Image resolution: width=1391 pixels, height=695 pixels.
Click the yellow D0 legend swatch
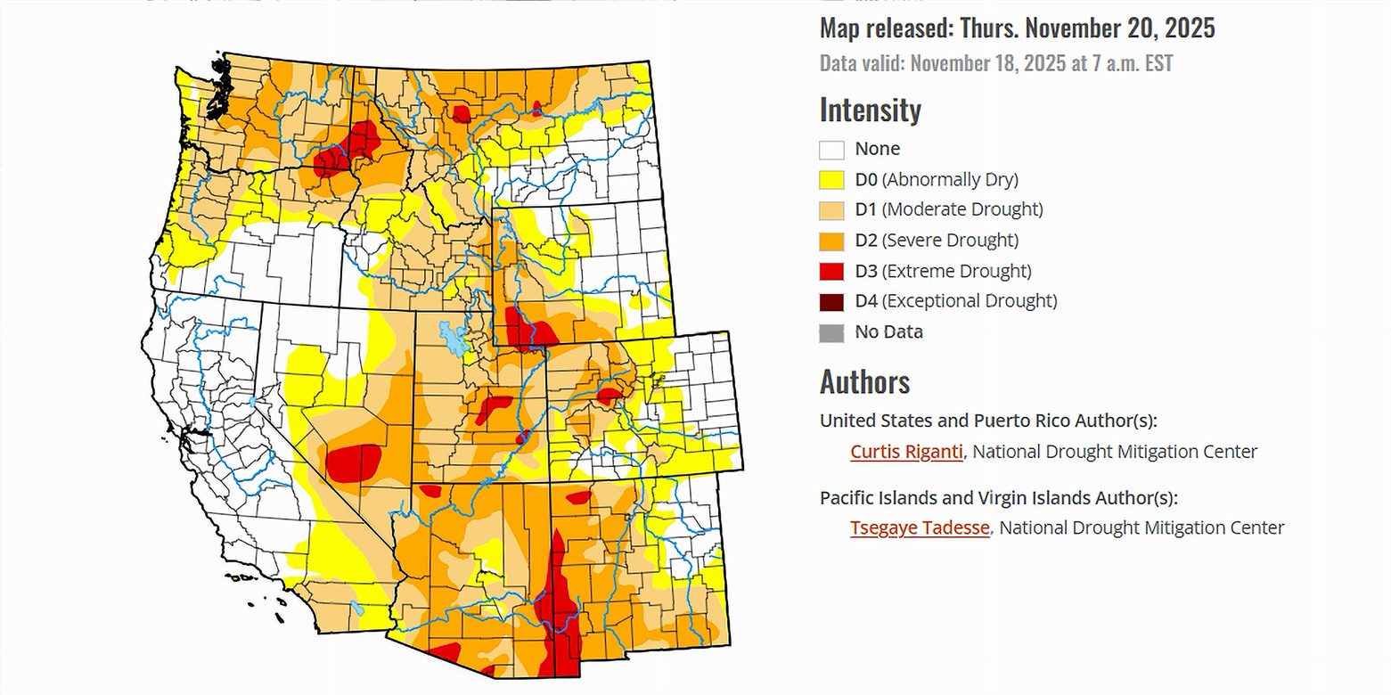pos(831,179)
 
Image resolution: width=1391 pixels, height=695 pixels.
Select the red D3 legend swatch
pos(831,271)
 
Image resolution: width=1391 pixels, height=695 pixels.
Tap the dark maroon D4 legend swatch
pos(831,301)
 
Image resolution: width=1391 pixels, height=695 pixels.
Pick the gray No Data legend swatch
pos(831,332)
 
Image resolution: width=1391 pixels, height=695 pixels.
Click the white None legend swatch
pos(831,149)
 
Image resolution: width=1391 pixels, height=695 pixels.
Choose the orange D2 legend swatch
pos(831,241)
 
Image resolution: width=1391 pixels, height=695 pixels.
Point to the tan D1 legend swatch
pos(831,210)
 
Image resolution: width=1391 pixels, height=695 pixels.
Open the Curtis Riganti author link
pos(906,452)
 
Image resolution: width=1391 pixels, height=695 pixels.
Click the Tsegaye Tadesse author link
pos(920,527)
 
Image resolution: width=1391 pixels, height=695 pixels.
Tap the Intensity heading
pos(870,110)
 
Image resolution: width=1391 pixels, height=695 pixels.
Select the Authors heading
pos(864,382)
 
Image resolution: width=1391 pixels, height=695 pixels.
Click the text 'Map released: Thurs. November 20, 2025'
pos(1017,29)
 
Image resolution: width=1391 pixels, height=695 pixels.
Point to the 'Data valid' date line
pos(995,64)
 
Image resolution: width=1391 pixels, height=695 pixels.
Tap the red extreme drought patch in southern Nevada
pos(354,462)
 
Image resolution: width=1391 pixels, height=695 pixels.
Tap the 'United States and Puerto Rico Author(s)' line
pos(988,421)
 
